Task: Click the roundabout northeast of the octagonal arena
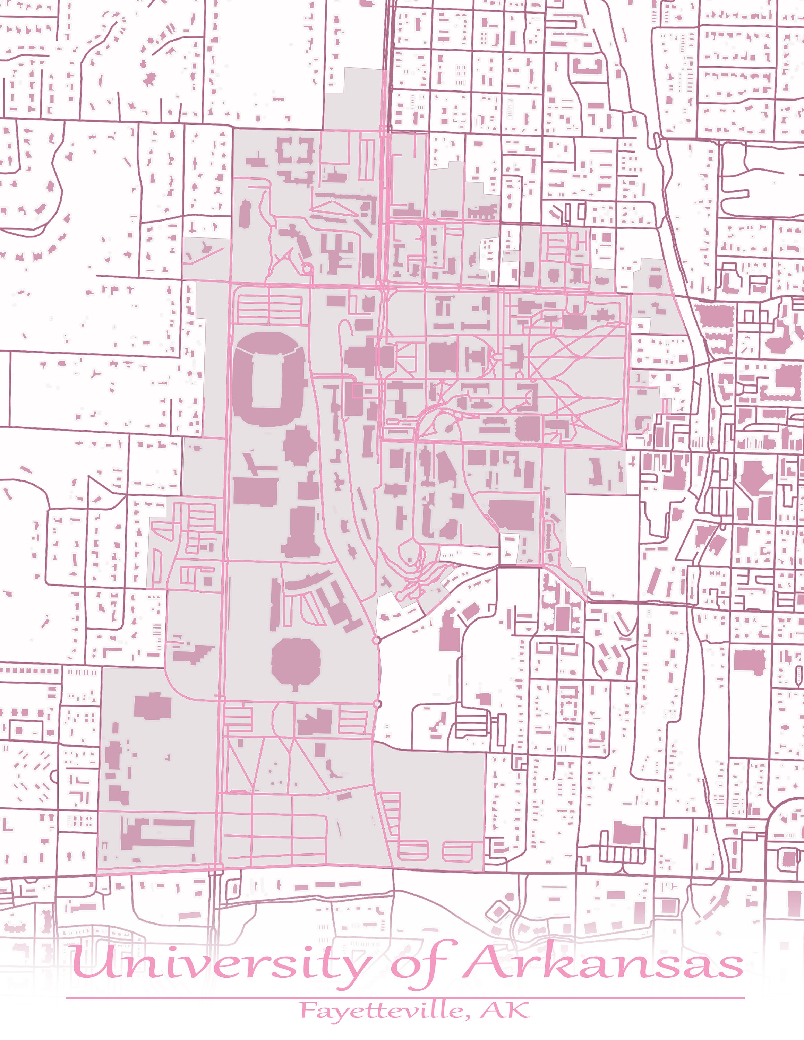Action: tap(377, 641)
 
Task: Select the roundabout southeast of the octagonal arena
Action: tap(378, 703)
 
